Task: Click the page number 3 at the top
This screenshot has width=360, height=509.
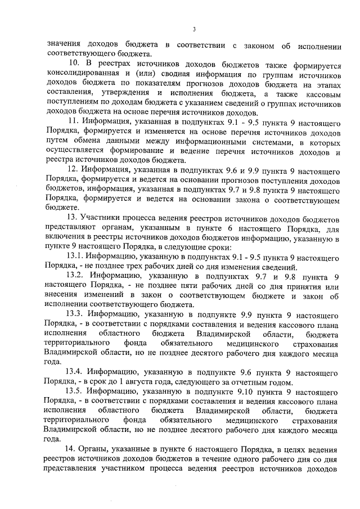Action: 193,29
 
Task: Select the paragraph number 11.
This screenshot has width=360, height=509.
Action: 71,120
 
